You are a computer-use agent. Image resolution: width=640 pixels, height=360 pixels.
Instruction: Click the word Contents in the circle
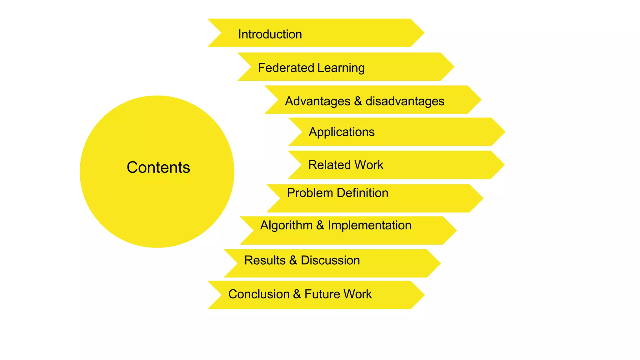coord(158,167)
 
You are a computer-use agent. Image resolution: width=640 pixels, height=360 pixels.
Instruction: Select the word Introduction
coord(270,34)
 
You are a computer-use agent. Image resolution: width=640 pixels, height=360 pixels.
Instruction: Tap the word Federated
coord(286,68)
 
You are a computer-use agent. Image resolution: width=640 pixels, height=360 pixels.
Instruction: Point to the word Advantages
coord(317,102)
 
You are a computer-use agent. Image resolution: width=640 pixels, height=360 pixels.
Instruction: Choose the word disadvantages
coord(405,101)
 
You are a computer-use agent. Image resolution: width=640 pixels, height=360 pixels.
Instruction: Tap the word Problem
coord(310,193)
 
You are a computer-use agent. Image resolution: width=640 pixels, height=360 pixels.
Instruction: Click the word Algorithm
coord(286,226)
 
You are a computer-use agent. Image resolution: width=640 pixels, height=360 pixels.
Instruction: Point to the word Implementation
coord(369,225)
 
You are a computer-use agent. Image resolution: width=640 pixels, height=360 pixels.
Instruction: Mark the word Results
coord(265,260)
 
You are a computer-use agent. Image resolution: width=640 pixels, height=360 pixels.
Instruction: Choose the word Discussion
coord(330,260)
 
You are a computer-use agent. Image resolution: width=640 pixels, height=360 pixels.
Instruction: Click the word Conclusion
coord(259,294)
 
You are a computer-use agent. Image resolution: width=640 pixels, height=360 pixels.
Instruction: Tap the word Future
coord(322,294)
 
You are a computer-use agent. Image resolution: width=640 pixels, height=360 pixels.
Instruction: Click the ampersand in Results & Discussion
coord(293,260)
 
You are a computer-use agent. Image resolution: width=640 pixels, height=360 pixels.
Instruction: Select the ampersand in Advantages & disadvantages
coord(358,101)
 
